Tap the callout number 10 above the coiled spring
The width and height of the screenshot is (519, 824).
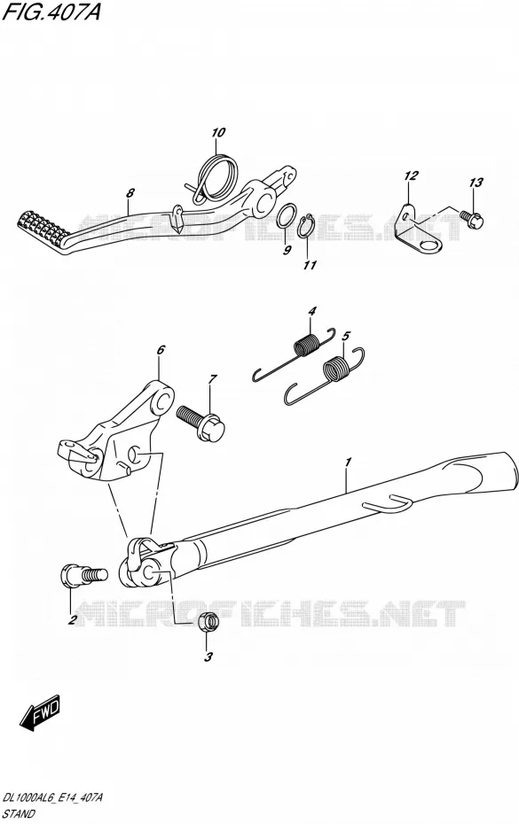218,132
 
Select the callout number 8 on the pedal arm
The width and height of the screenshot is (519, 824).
130,193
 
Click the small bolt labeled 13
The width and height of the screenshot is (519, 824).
472,219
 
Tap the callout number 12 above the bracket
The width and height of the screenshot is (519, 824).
411,175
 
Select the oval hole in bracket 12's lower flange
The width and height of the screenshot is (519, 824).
429,244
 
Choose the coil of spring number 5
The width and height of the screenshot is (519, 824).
337,368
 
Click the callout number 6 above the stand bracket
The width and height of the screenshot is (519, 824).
161,349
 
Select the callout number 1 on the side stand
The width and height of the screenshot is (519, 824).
348,463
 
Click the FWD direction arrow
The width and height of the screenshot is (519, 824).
40,712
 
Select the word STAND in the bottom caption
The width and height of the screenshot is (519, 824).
19,814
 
